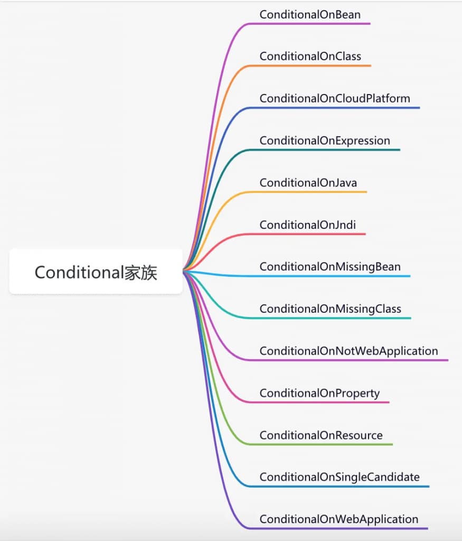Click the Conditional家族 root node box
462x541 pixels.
[x=96, y=272]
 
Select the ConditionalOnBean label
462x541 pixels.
[x=310, y=14]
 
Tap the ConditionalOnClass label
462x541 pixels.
[x=310, y=56]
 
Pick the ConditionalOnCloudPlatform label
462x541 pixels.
[x=335, y=98]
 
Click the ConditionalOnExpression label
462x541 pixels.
[x=325, y=141]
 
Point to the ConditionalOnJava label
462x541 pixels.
[x=308, y=182]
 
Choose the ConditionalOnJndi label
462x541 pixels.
[x=307, y=225]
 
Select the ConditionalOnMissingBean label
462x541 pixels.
[x=330, y=267]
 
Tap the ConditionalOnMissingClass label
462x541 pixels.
[x=331, y=309]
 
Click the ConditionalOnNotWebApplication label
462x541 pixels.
[x=348, y=351]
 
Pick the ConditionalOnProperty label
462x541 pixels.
[x=319, y=393]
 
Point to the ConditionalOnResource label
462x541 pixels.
[x=321, y=435]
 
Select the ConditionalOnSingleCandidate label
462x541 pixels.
[x=340, y=477]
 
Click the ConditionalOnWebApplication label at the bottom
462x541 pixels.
[x=339, y=519]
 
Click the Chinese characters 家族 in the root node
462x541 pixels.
[x=140, y=273]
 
